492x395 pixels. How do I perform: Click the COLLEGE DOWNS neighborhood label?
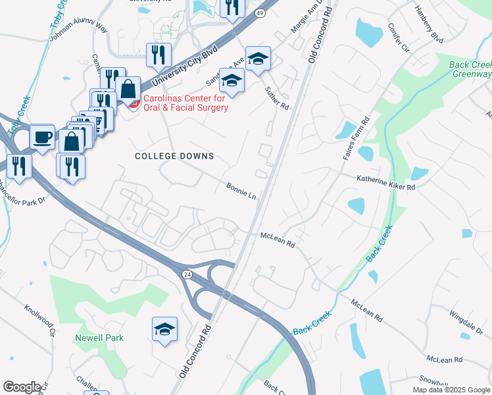tap(174, 156)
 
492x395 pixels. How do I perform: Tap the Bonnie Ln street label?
tap(241, 191)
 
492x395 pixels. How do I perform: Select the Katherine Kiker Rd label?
tap(386, 182)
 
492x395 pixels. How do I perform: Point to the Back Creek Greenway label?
tap(470, 69)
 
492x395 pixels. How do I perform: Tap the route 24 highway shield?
tap(187, 274)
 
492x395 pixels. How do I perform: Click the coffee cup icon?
tap(43, 138)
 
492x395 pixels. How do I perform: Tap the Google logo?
tap(21, 387)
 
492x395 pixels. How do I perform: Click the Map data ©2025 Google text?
tap(451, 390)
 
